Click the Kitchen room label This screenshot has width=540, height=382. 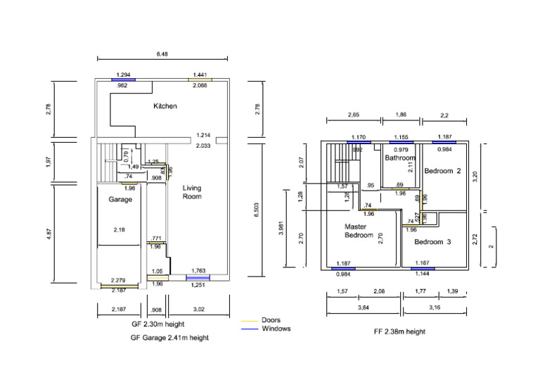click(x=165, y=106)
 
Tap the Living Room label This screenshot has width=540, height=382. click(x=192, y=192)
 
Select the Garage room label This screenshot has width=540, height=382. click(x=120, y=200)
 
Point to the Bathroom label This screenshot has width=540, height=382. click(x=400, y=158)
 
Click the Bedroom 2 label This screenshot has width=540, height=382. click(x=443, y=171)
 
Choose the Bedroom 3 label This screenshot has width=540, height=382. click(x=432, y=242)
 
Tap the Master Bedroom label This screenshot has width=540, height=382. click(x=359, y=231)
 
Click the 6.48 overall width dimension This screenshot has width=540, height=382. click(x=162, y=53)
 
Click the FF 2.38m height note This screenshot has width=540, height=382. click(x=399, y=331)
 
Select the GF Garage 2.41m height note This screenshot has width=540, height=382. click(x=169, y=338)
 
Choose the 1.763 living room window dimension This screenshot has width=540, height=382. click(x=198, y=270)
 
